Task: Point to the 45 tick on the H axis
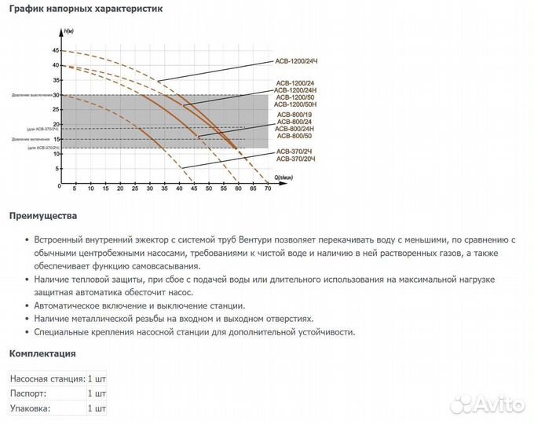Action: point(55,50)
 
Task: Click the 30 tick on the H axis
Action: point(55,95)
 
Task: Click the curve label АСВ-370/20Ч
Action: point(294,159)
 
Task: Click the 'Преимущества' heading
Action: point(43,216)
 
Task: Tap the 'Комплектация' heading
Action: point(42,353)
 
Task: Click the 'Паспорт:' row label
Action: point(28,393)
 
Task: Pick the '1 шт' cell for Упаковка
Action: point(97,408)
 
